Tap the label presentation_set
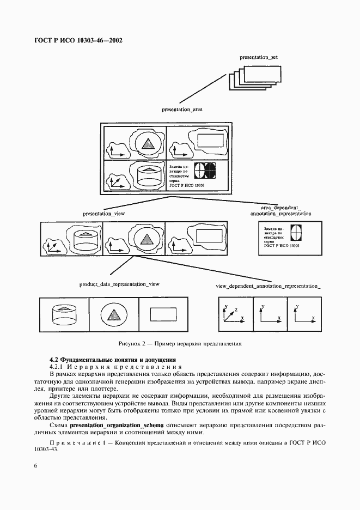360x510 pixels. coord(259,57)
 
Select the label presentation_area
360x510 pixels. coord(182,110)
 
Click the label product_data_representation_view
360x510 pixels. coord(119,284)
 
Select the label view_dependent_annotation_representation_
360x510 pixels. coord(268,286)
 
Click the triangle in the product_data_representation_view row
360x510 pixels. coord(113,314)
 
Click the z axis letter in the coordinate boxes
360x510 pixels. coord(235,309)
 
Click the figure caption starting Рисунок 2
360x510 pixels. coord(179,344)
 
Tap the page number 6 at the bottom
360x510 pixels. coord(35,466)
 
